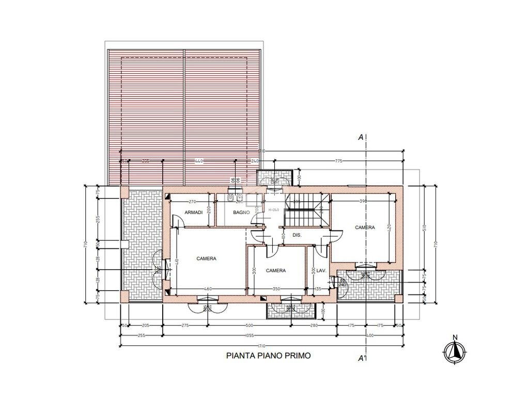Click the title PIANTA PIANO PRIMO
point(269,355)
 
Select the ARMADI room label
point(193,212)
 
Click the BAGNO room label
point(241,212)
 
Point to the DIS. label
point(297,235)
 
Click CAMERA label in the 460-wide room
point(206,259)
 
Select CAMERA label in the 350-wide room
point(276,270)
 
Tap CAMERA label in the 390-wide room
point(365,227)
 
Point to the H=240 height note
point(273,209)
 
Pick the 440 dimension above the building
point(199,161)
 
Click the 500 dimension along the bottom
point(248,326)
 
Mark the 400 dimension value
point(369,335)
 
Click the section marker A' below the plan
point(362,357)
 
